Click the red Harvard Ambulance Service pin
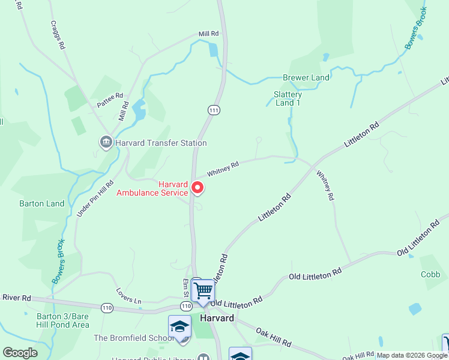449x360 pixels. click(197, 189)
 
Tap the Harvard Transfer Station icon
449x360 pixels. click(106, 143)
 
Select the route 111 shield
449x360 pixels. click(213, 110)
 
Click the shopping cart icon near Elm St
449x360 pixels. click(203, 291)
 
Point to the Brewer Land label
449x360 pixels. click(306, 78)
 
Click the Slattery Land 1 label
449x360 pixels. click(288, 98)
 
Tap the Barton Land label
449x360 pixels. click(42, 203)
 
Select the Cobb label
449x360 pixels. click(430, 274)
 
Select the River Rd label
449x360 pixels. click(16, 298)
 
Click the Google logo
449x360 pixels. click(20, 353)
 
